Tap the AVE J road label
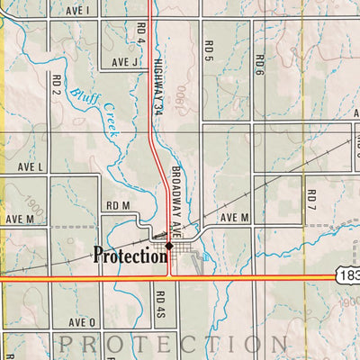click(x=125, y=62)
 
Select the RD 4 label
click(x=141, y=36)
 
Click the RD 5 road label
click(x=208, y=49)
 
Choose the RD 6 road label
click(x=259, y=64)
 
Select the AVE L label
click(x=30, y=167)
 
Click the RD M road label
click(x=118, y=206)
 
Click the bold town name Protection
click(x=130, y=256)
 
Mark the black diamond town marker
click(x=168, y=245)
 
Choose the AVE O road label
click(x=80, y=321)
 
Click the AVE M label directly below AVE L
click(x=20, y=219)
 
